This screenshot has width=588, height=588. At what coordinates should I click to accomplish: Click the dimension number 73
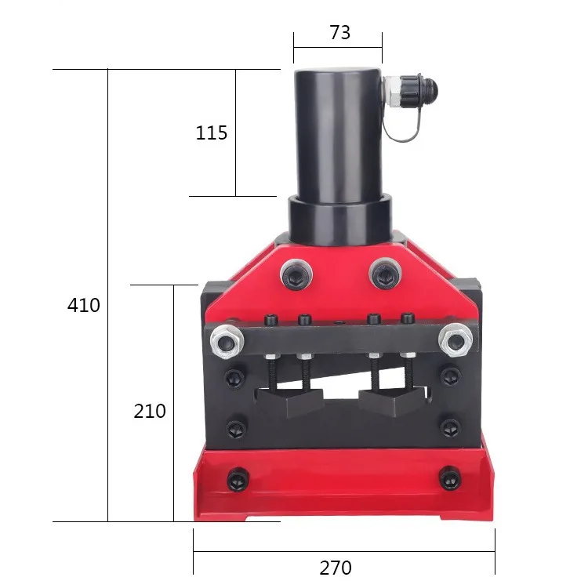tap(340, 33)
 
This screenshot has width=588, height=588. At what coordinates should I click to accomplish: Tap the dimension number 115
tap(212, 132)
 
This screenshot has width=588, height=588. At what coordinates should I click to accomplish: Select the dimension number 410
tap(84, 305)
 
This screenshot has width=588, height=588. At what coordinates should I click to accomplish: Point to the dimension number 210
tap(150, 411)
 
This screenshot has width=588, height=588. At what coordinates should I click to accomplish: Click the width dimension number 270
tap(336, 568)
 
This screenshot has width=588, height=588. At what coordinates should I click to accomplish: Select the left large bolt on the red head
tap(296, 275)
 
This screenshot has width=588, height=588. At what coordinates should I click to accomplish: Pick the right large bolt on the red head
tap(385, 274)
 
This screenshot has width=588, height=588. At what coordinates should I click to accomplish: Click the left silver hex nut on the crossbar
tap(227, 341)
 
